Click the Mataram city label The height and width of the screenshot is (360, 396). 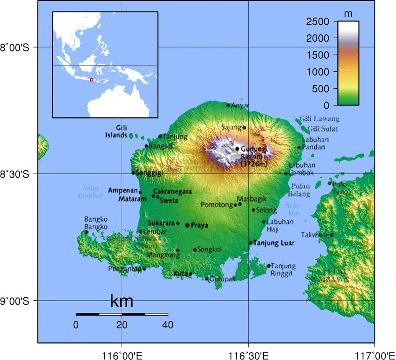[x=132, y=199]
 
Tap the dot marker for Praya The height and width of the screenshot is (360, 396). [x=187, y=225]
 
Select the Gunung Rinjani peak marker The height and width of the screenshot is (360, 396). [x=237, y=149]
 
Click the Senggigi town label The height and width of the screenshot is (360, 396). [x=150, y=173]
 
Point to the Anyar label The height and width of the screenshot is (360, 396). [x=240, y=105]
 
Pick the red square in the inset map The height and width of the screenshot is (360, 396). [x=92, y=80]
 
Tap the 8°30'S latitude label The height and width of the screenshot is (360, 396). [x=15, y=174]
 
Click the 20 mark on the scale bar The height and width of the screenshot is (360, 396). [x=122, y=325]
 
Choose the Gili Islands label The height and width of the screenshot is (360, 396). [x=116, y=131]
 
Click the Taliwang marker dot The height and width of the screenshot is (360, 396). [x=332, y=235]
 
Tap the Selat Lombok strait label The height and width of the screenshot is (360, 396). [x=91, y=192]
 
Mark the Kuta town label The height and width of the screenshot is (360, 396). [x=180, y=274]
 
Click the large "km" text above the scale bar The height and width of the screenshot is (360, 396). [x=121, y=302]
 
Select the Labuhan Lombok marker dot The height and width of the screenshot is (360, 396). [x=286, y=173]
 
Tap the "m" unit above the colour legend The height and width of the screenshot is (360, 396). [x=348, y=14]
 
